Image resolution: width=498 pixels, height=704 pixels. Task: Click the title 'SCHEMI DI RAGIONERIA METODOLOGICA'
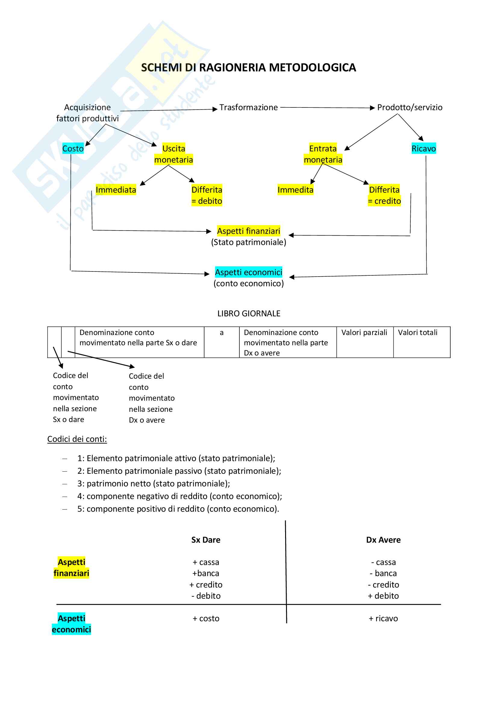click(248, 67)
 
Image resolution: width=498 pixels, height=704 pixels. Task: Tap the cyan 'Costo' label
click(73, 149)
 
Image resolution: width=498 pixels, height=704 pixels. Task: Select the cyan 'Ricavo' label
click(424, 149)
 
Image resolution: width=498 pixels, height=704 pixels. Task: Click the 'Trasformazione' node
click(248, 108)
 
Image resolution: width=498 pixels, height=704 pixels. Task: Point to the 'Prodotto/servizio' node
click(410, 108)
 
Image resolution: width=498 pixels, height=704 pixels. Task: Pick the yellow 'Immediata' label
click(116, 190)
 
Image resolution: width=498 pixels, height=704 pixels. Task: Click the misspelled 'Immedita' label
click(295, 190)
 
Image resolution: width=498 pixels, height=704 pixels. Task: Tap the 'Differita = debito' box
click(207, 195)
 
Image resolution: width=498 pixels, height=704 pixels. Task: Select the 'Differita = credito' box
click(384, 195)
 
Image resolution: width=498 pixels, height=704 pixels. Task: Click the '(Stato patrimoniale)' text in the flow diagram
click(248, 242)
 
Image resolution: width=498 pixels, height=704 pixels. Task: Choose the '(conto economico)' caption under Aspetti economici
click(248, 283)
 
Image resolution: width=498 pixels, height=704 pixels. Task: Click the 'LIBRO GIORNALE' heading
click(249, 313)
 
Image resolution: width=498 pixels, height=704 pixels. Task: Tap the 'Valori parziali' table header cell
click(364, 333)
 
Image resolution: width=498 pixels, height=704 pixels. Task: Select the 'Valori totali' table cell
click(418, 333)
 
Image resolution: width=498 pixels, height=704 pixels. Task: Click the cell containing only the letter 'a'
click(221, 333)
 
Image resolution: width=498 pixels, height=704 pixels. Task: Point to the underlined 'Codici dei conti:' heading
click(77, 439)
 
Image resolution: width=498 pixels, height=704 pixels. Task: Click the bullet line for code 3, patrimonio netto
click(153, 484)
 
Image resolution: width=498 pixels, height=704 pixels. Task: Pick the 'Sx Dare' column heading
click(206, 540)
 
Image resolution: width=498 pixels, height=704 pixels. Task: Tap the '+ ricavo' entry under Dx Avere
click(383, 619)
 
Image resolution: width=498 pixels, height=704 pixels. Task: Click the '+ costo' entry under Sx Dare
click(206, 619)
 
